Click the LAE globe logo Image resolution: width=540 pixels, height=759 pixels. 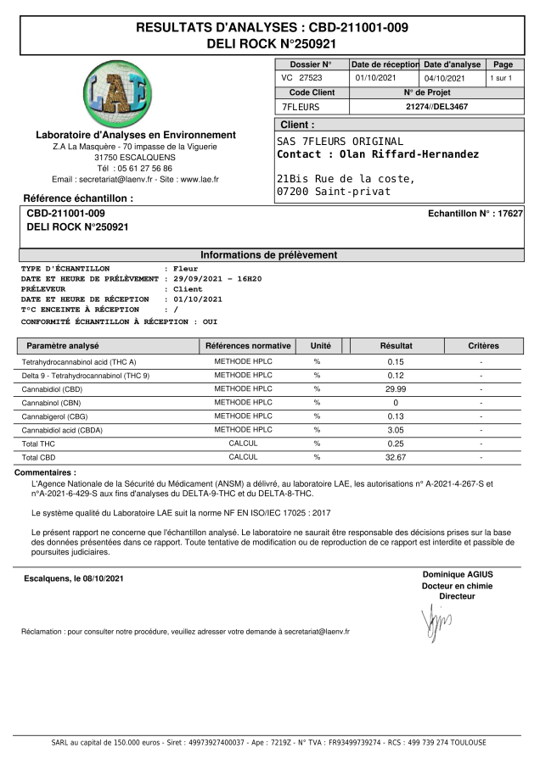coord(120,94)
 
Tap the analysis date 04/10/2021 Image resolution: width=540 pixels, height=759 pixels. coord(445,78)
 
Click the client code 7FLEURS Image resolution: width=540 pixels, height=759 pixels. coord(300,107)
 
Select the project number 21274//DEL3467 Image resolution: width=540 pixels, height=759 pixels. coord(437,107)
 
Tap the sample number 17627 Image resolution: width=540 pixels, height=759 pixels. coord(509,214)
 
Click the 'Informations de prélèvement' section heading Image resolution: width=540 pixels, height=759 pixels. coord(268,254)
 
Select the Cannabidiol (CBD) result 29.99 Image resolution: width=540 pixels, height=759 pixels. coord(396,388)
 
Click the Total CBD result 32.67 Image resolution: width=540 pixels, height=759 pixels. coord(396,456)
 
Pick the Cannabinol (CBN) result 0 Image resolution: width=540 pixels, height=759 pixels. coord(396,402)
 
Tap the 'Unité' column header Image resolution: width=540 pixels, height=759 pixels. coord(320,346)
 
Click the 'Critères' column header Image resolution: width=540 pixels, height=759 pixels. coord(483,346)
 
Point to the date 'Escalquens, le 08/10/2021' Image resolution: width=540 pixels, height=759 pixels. coord(74,579)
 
